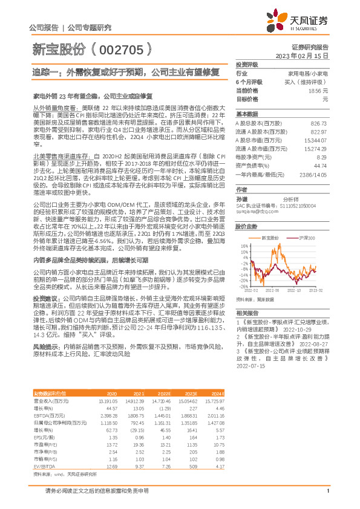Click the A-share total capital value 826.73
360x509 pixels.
(318, 123)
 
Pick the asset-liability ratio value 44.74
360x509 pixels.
(320, 165)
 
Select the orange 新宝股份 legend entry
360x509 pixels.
(270, 238)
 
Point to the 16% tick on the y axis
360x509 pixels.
(244, 246)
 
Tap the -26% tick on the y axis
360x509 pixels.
(243, 287)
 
